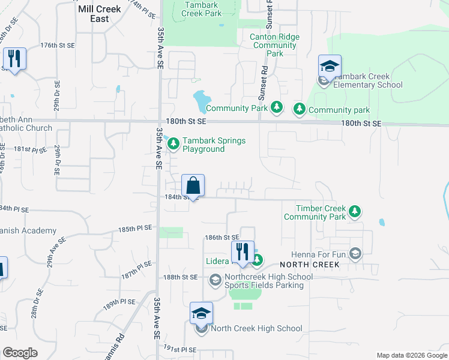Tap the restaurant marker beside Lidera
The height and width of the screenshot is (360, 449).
243,253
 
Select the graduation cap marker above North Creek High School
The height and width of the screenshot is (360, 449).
201,314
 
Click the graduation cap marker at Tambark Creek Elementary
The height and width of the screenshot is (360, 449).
330,67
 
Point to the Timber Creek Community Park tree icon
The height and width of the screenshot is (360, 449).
355,211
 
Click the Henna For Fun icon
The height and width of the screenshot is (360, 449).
355,254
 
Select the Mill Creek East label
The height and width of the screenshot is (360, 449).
100,14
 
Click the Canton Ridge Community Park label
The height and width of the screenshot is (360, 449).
274,45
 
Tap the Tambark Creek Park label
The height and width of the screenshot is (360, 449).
201,9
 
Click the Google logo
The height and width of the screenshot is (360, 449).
20,353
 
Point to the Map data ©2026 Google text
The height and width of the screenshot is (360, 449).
411,355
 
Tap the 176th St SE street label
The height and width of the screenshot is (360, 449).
58,46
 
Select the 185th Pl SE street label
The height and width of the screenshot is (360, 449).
135,229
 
